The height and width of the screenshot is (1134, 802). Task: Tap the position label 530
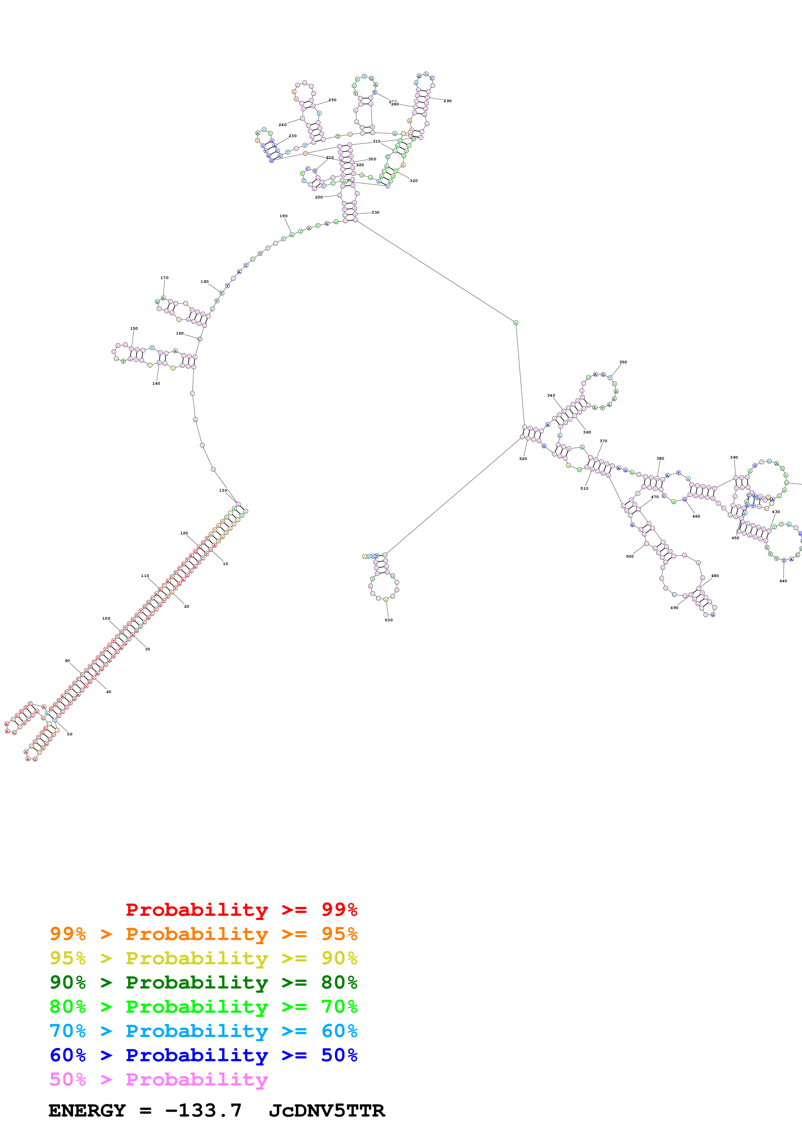(x=389, y=620)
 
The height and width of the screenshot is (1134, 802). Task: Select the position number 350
(x=623, y=362)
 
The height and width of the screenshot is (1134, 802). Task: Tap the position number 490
(x=674, y=607)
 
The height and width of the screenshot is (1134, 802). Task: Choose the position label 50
(x=70, y=734)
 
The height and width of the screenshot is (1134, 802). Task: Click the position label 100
(x=106, y=618)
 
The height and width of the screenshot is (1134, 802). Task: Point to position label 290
(x=447, y=101)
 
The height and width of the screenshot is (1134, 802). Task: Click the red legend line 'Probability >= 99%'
(x=241, y=910)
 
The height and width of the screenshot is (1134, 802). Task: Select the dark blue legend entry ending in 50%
(x=203, y=1055)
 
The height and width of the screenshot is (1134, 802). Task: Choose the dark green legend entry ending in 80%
(x=203, y=982)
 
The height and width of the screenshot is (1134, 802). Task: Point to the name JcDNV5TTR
(x=327, y=1111)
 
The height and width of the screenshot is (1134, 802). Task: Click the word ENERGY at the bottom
(x=87, y=1111)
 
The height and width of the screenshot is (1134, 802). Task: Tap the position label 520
(x=523, y=459)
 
